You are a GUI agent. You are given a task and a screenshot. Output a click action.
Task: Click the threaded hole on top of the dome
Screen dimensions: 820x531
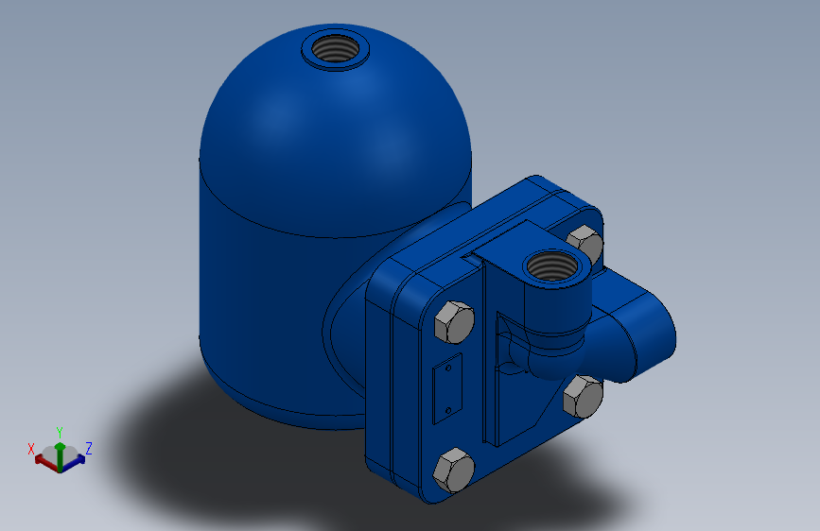pyautogui.click(x=335, y=48)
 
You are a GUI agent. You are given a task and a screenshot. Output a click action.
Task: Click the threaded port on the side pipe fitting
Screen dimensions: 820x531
pyautogui.click(x=553, y=265)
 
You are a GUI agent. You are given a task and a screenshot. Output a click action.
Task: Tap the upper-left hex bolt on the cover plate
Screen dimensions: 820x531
pyautogui.click(x=454, y=322)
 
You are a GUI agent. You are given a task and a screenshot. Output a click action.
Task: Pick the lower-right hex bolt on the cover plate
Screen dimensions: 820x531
pyautogui.click(x=584, y=397)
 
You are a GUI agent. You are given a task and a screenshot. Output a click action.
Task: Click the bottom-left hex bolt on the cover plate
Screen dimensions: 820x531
pyautogui.click(x=454, y=470)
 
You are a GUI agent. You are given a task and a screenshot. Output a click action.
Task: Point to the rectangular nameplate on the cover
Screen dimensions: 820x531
pyautogui.click(x=447, y=388)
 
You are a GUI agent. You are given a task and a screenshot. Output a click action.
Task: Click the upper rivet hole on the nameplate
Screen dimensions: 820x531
pyautogui.click(x=448, y=368)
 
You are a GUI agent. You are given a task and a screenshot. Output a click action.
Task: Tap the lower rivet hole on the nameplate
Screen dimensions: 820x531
pyautogui.click(x=448, y=410)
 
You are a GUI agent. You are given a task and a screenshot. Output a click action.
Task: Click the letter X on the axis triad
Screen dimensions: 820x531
pyautogui.click(x=31, y=449)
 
